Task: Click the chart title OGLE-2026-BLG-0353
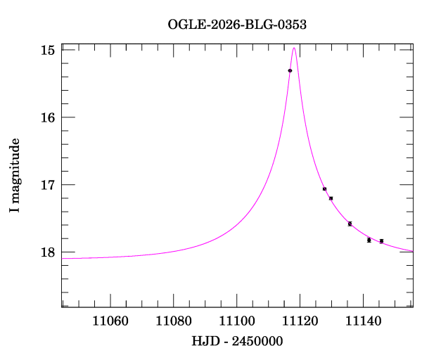tap(237, 25)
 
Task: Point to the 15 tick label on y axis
tap(49, 51)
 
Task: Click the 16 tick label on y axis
tap(49, 117)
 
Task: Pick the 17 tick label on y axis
tap(49, 185)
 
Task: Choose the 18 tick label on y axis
tap(49, 252)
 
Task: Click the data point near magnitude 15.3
tap(290, 71)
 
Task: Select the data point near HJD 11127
tap(325, 189)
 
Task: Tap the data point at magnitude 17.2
tap(331, 198)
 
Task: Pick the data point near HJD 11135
tap(350, 224)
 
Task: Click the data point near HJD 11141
tap(369, 240)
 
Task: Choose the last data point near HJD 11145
tap(381, 241)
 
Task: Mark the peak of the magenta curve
tap(294, 48)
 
